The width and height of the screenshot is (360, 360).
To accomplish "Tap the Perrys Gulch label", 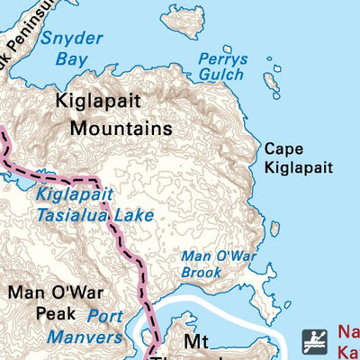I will pos(221,66).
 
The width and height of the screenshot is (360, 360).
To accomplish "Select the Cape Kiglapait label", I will pos(298,158).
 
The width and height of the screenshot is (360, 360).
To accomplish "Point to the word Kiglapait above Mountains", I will pos(98,101).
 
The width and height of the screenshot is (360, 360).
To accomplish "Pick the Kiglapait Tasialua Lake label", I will pos(94,204).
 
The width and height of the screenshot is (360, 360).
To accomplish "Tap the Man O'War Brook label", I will pos(219,264).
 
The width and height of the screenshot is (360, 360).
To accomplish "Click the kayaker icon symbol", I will pos(313,341).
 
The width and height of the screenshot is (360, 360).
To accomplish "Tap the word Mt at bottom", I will pos(195,343).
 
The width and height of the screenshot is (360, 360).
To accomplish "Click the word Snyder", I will pos(67,40).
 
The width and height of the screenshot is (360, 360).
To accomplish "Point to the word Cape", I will pos(283,148).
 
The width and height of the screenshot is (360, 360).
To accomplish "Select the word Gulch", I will pos(221,75).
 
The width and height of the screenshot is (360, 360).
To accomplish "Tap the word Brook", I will pos(201,271).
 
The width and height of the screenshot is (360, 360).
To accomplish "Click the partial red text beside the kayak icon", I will pos(348,341).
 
